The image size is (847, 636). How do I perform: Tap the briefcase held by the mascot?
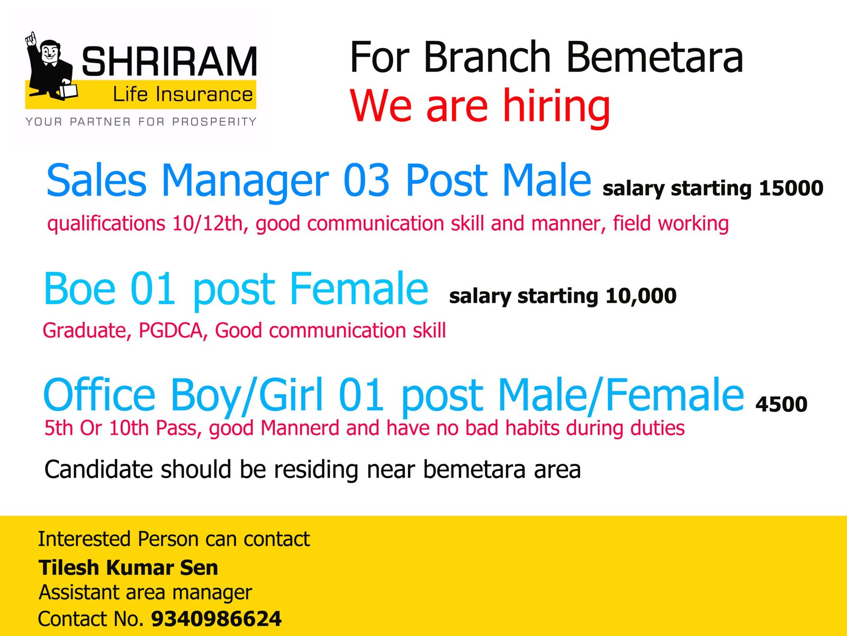(68, 91)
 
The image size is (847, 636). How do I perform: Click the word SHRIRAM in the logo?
(169, 60)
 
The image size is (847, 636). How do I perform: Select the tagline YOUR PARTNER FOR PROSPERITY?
(141, 122)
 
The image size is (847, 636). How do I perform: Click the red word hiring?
(556, 106)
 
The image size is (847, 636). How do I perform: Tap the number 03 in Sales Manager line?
(366, 180)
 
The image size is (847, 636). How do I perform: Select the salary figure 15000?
(791, 189)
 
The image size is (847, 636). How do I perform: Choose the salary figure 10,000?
(641, 296)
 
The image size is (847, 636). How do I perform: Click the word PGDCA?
(170, 331)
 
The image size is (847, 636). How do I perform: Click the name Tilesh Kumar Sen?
(128, 568)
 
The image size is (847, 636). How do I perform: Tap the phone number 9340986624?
(217, 619)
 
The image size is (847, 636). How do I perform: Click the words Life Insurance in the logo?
(183, 95)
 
